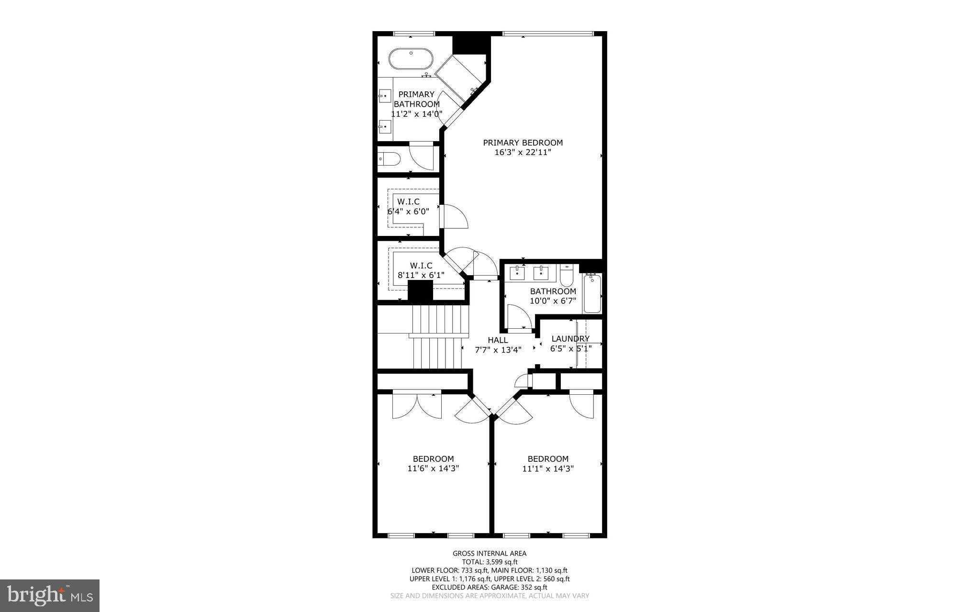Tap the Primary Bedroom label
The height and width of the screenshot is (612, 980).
523,143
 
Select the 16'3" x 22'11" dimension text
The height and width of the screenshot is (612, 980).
523,153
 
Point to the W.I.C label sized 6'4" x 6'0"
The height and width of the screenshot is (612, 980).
408,201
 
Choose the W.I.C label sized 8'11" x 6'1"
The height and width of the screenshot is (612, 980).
421,265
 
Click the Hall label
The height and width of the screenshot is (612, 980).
498,340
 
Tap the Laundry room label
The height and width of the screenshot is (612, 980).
570,339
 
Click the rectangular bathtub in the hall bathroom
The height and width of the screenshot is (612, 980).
592,293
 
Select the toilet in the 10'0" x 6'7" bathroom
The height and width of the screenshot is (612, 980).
567,276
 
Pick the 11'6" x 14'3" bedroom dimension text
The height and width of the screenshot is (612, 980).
433,468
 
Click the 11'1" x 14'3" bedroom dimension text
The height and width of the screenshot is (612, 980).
548,468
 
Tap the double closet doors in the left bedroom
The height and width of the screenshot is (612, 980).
417,407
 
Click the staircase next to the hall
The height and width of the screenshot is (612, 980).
436,337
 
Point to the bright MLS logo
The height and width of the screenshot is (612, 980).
50,595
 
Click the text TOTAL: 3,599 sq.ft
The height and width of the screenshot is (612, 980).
490,562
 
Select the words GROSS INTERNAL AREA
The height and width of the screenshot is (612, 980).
490,554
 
